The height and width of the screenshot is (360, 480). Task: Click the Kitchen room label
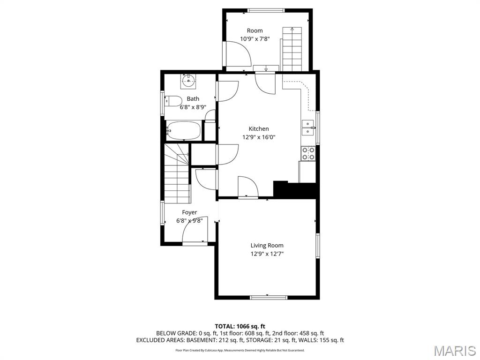[259, 129]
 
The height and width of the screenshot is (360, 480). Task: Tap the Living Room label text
[267, 245]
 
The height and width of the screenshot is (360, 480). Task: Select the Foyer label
[189, 212]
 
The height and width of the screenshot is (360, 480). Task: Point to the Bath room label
[193, 99]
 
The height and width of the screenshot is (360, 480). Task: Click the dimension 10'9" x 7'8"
[255, 39]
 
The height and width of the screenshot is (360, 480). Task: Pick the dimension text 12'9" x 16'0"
[259, 137]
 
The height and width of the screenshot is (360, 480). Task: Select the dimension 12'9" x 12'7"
[267, 254]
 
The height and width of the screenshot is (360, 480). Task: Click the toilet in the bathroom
[174, 101]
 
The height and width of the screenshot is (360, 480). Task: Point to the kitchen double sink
[308, 127]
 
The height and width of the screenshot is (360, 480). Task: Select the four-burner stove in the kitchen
[308, 153]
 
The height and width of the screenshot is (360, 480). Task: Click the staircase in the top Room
[292, 49]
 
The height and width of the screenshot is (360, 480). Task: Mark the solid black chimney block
[295, 190]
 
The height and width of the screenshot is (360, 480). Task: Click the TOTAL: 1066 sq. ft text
[240, 326]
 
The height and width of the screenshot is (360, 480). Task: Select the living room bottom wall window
[268, 297]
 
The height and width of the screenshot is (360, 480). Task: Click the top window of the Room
[266, 10]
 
